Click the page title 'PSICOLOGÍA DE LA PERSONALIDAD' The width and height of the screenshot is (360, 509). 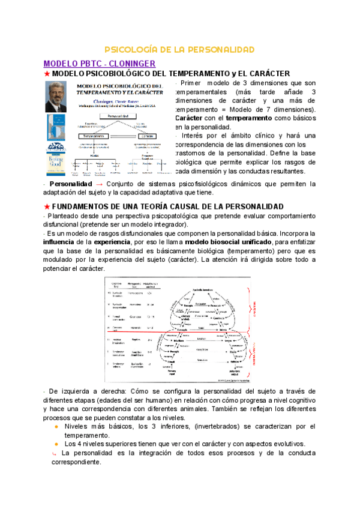[x=180, y=49]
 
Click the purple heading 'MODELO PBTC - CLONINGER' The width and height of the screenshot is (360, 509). [x=100, y=63]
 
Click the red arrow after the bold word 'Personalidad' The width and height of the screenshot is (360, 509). [x=100, y=184]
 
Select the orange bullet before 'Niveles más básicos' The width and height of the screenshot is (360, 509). [x=56, y=426]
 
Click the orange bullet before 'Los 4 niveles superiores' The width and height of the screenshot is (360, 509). [x=56, y=444]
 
